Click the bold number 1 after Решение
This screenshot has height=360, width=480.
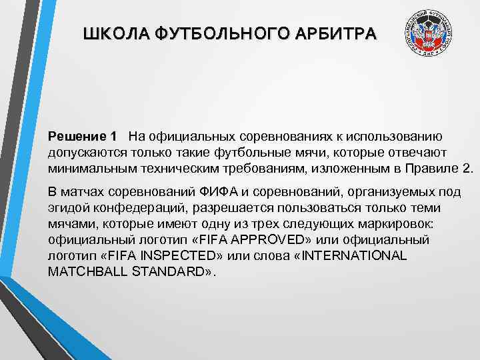point(113,137)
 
